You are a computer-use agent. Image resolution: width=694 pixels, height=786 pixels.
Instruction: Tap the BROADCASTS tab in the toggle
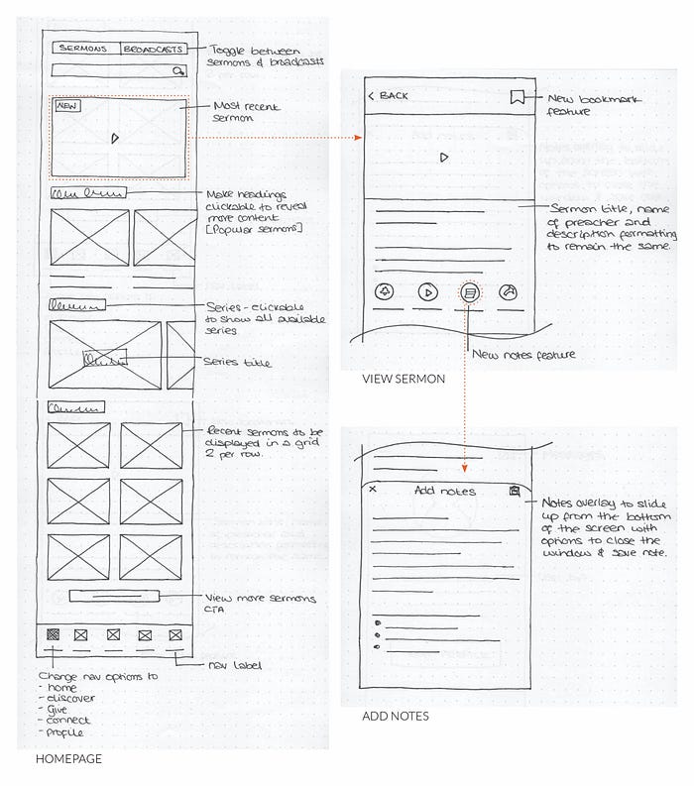[x=153, y=49]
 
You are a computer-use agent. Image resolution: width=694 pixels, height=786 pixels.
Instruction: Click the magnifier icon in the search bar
[x=177, y=71]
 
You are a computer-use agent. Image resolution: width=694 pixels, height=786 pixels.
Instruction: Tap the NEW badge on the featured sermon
[x=67, y=106]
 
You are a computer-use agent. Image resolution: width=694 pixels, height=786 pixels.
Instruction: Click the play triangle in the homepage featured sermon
[x=116, y=138]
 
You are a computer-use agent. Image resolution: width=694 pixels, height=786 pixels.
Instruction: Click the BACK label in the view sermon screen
[x=389, y=96]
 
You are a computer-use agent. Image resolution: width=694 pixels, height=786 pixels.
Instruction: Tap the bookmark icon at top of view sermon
[x=517, y=97]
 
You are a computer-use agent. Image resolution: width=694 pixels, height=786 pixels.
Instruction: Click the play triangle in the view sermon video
[x=445, y=157]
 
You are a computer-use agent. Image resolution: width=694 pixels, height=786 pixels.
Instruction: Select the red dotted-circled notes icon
[x=471, y=292]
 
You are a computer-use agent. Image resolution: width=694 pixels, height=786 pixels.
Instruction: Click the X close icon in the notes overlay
[x=373, y=490]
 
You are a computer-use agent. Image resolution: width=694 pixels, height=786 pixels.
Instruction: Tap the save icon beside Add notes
[x=515, y=490]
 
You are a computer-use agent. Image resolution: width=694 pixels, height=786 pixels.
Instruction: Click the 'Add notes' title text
[x=444, y=491]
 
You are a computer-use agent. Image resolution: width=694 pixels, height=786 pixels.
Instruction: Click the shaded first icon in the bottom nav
[x=53, y=634]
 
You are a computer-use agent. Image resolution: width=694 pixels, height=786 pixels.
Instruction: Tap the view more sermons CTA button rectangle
[x=114, y=597]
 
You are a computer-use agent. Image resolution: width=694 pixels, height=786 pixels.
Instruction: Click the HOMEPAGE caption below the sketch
[x=68, y=759]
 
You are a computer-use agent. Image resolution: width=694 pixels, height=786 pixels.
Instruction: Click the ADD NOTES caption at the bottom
[x=396, y=716]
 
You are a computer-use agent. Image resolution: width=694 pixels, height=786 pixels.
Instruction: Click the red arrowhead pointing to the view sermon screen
[x=357, y=140]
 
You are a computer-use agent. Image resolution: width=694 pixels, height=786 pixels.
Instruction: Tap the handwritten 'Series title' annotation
[x=237, y=363]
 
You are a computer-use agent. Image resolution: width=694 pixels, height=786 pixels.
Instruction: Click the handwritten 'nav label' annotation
[x=234, y=665]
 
